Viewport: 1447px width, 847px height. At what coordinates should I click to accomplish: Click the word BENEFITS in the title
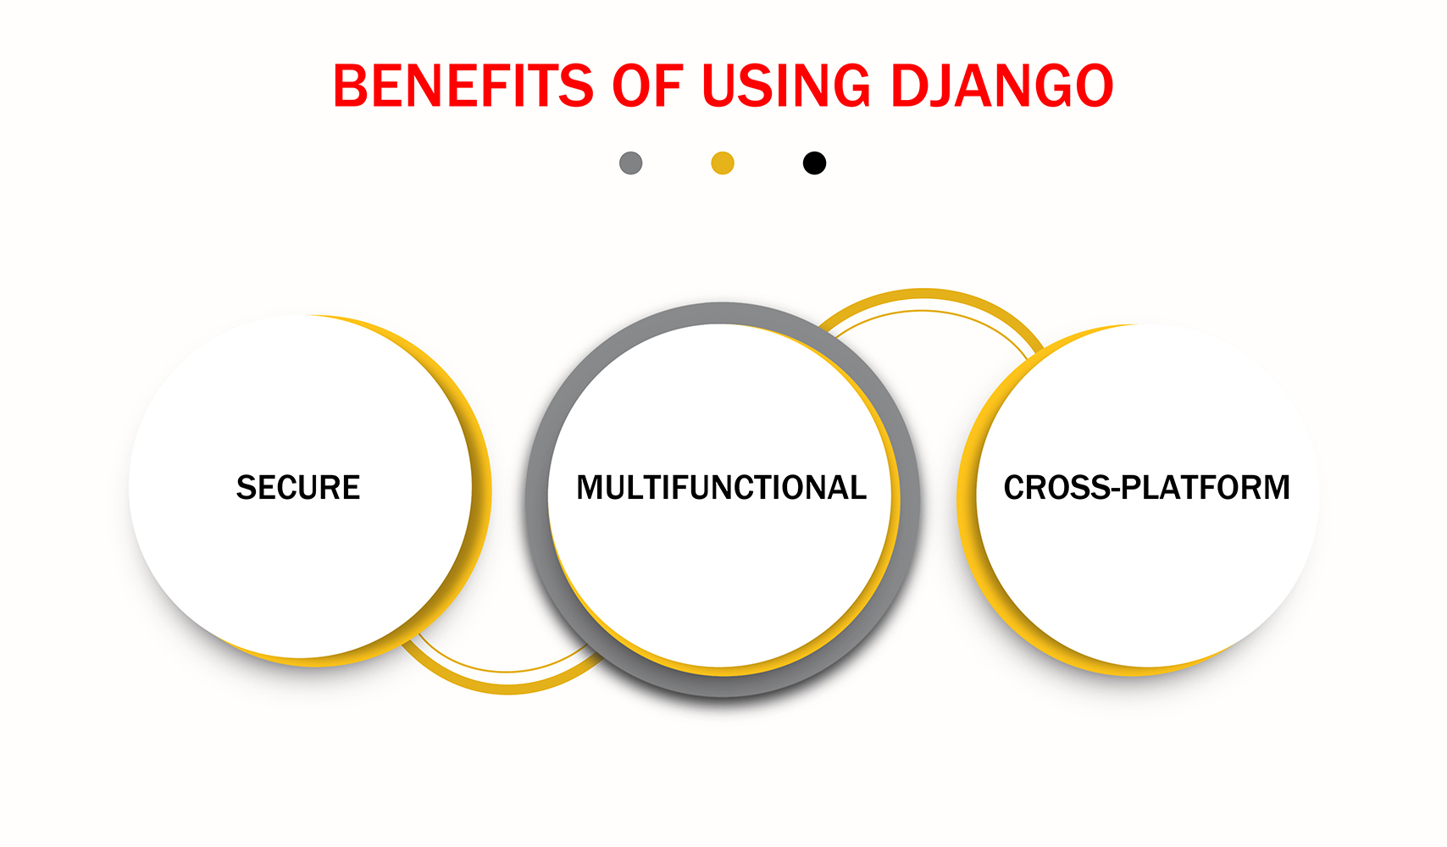point(463,86)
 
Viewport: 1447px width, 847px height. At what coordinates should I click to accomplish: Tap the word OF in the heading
point(646,86)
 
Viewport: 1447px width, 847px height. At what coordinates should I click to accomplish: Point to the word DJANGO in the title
point(1001,86)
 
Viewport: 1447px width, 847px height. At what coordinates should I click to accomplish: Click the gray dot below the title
point(631,163)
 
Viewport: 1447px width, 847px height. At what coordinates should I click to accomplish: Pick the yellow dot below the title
point(723,163)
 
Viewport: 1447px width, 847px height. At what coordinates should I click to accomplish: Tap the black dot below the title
point(814,163)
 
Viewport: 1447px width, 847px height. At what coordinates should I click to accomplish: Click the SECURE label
point(298,488)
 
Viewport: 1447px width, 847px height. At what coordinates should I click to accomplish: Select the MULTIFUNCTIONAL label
point(721,488)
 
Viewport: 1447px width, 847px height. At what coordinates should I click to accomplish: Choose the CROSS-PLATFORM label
point(1146,488)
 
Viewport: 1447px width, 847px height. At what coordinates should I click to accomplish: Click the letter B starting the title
point(351,86)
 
